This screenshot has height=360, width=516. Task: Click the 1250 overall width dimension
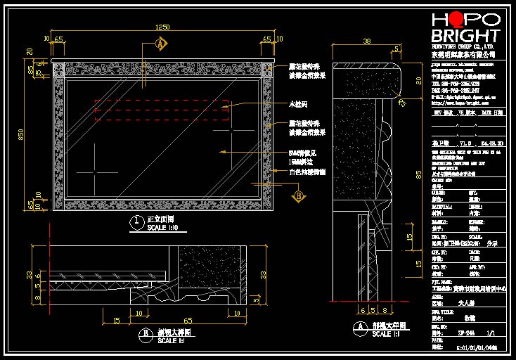162,27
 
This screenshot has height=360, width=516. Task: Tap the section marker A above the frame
161,45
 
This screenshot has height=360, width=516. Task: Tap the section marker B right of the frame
298,195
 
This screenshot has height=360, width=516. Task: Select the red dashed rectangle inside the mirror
162,110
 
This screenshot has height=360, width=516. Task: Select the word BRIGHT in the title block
465,36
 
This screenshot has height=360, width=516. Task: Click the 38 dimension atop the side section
366,41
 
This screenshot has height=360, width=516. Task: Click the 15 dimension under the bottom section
116,321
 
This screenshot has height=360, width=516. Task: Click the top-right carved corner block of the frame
266,70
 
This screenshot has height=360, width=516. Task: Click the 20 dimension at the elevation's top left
30,51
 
